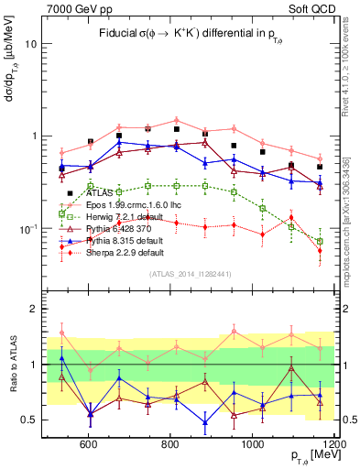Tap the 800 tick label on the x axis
coord(170,444)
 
